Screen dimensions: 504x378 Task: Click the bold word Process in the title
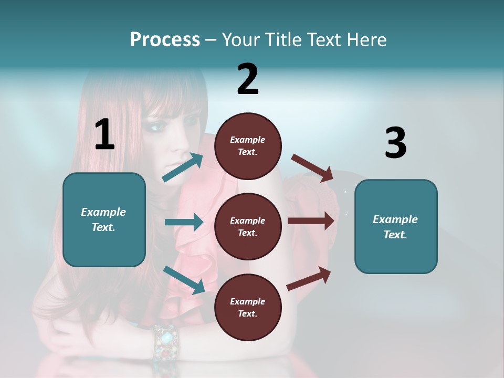point(165,39)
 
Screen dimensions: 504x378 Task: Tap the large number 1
point(104,134)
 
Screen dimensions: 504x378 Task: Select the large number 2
point(248,79)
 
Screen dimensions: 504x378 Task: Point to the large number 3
point(395,143)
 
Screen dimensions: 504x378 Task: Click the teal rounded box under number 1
point(104,219)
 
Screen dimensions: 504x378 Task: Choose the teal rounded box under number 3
point(396,226)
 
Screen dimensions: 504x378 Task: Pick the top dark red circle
point(248,146)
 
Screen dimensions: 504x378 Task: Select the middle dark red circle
point(248,226)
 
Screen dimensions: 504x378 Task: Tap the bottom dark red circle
point(248,307)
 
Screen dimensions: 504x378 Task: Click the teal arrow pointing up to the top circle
point(183,167)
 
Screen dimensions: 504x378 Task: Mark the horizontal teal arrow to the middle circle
point(184,222)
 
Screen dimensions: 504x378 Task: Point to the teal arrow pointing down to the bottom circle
point(184,279)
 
